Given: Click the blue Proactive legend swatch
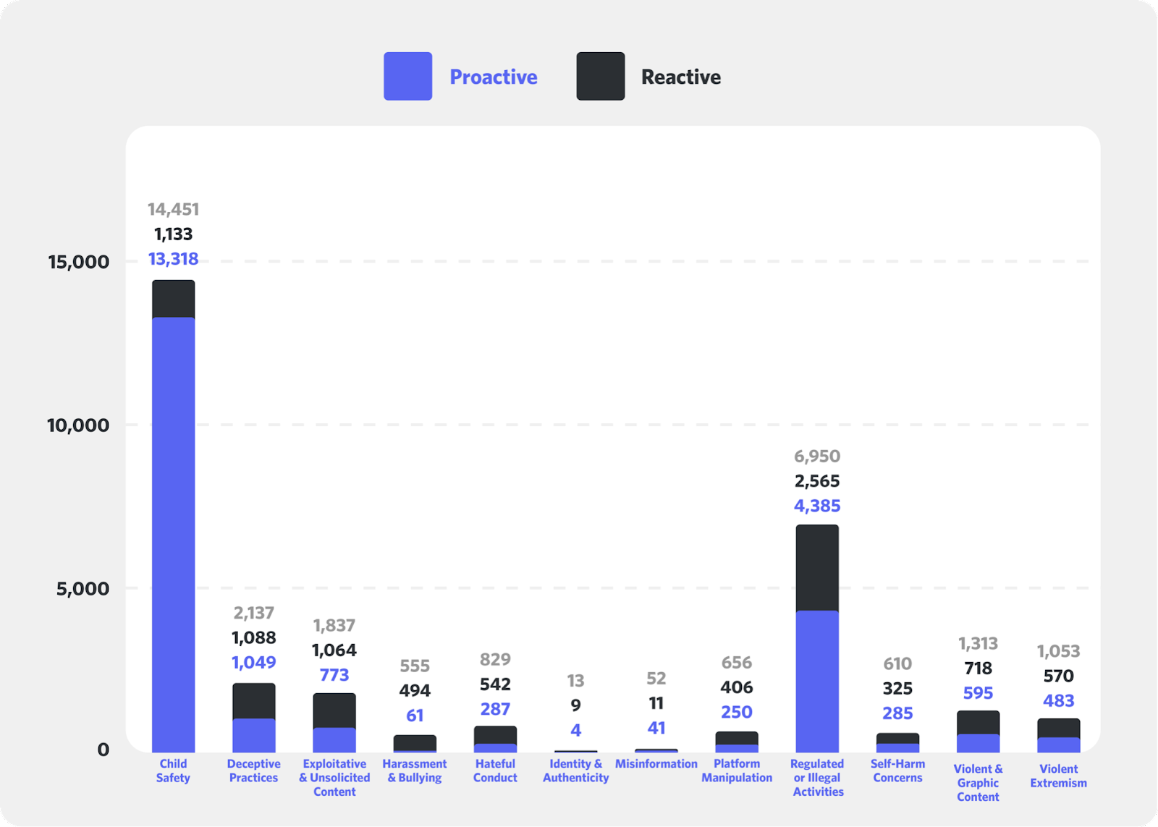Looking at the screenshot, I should [x=407, y=76].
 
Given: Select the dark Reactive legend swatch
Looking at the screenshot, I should [x=600, y=76].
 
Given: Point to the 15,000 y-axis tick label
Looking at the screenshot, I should [x=79, y=262].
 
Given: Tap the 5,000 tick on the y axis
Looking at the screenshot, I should [x=83, y=588].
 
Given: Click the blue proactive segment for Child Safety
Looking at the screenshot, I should [x=173, y=535].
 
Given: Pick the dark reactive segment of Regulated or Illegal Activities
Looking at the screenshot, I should [x=817, y=568].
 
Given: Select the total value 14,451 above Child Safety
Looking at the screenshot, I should [x=173, y=209].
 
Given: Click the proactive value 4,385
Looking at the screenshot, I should [x=817, y=506].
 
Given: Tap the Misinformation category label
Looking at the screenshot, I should [x=656, y=763].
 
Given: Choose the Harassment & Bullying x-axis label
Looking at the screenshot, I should [x=415, y=771].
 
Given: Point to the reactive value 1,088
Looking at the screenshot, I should [x=253, y=637].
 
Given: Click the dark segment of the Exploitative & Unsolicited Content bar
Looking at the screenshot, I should [x=334, y=711].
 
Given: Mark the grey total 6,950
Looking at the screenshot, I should [x=817, y=457].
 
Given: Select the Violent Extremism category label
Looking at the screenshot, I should [x=1058, y=776].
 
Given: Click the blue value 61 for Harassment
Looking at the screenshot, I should [x=415, y=716].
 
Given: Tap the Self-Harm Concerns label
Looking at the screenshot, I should [x=897, y=771].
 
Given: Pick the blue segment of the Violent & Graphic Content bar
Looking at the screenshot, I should [x=978, y=743].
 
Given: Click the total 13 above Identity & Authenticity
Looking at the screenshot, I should [x=575, y=681].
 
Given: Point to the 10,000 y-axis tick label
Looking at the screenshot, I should [x=78, y=425].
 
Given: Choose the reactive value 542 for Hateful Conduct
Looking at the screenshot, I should [x=495, y=684].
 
